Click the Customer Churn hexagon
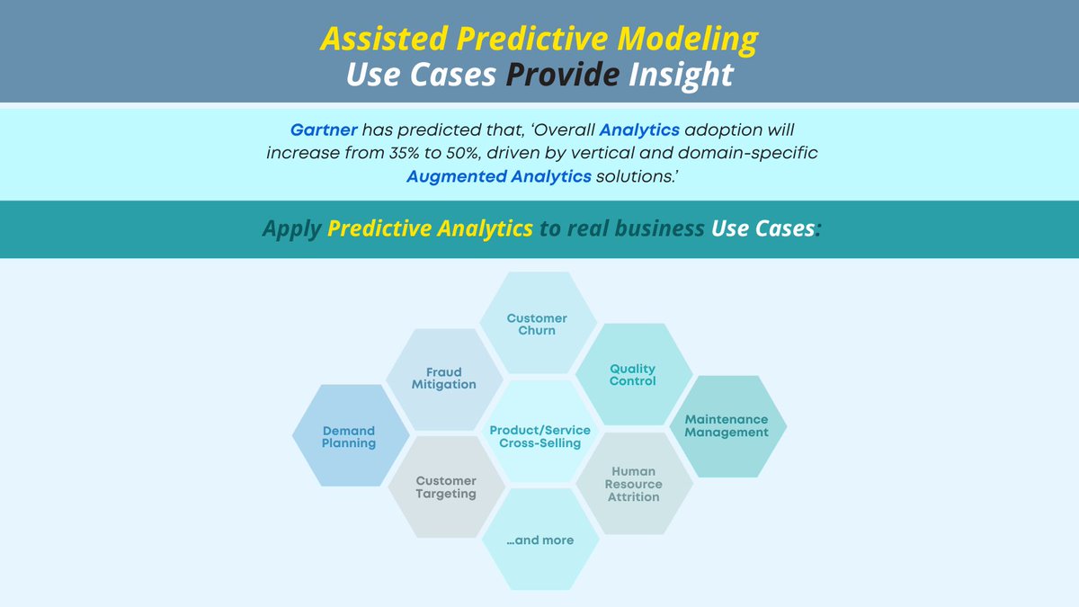(x=537, y=323)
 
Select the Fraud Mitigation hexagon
(x=444, y=379)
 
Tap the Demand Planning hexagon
(x=350, y=436)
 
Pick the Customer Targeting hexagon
(x=446, y=487)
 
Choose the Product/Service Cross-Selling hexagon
(x=539, y=436)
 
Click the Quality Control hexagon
(x=633, y=374)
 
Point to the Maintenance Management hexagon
(x=727, y=425)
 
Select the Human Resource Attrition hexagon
(x=633, y=484)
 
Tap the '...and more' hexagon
(x=539, y=540)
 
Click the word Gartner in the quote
(x=323, y=130)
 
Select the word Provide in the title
(x=562, y=75)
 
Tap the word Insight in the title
(x=681, y=75)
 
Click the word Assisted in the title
(x=385, y=39)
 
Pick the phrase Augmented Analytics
(x=498, y=176)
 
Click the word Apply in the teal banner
(x=291, y=228)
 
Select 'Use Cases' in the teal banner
(x=762, y=228)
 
